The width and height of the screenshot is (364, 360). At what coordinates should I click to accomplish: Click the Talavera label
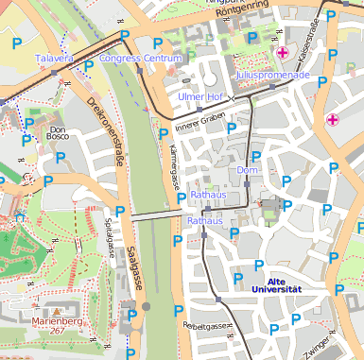pyautogui.click(x=54, y=59)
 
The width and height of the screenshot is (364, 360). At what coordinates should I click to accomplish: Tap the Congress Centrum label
pyautogui.click(x=140, y=59)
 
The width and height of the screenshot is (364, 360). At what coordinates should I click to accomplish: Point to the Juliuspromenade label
pyautogui.click(x=272, y=74)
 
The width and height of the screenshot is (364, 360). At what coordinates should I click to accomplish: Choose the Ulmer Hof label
pyautogui.click(x=200, y=97)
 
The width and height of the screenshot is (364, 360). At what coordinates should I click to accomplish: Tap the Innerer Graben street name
pyautogui.click(x=199, y=119)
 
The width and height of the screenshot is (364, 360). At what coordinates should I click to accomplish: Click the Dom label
pyautogui.click(x=248, y=170)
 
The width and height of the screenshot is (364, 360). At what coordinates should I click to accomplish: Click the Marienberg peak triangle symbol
pyautogui.click(x=58, y=310)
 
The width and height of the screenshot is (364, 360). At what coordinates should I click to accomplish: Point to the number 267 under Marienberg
pyautogui.click(x=59, y=331)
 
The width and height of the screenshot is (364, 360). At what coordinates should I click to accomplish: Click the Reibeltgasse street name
pyautogui.click(x=208, y=325)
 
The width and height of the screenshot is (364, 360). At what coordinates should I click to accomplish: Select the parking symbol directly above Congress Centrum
pyautogui.click(x=125, y=36)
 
